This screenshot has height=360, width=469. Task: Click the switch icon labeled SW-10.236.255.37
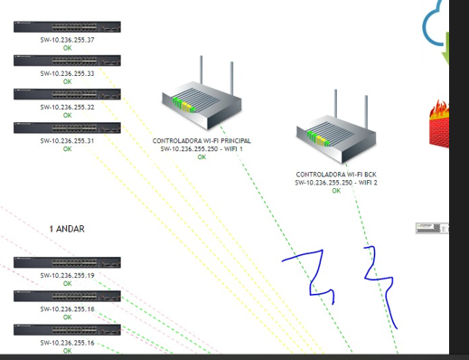pyautogui.click(x=67, y=27)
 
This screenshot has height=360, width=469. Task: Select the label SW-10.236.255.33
pyautogui.click(x=67, y=73)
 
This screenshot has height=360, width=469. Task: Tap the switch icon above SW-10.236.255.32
pyautogui.click(x=67, y=94)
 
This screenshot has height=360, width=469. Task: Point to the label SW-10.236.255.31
pyautogui.click(x=67, y=141)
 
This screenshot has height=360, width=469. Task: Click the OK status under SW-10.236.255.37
pyautogui.click(x=68, y=48)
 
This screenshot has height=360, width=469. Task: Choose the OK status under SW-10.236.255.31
pyautogui.click(x=68, y=149)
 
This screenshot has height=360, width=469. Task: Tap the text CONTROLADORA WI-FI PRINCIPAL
pyautogui.click(x=202, y=141)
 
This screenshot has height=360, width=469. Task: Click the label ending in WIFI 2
pyautogui.click(x=336, y=183)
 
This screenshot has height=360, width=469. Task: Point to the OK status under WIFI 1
pyautogui.click(x=202, y=157)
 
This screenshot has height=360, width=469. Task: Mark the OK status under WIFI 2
pyautogui.click(x=336, y=191)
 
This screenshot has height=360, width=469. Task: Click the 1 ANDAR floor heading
pyautogui.click(x=67, y=229)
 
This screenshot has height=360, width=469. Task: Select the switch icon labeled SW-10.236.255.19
pyautogui.click(x=67, y=262)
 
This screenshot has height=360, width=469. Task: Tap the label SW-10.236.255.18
pyautogui.click(x=67, y=309)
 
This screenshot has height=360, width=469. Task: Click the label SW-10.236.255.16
pyautogui.click(x=67, y=343)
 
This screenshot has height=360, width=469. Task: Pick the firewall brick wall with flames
pyautogui.click(x=439, y=124)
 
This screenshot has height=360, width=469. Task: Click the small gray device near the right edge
pyautogui.click(x=432, y=228)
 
